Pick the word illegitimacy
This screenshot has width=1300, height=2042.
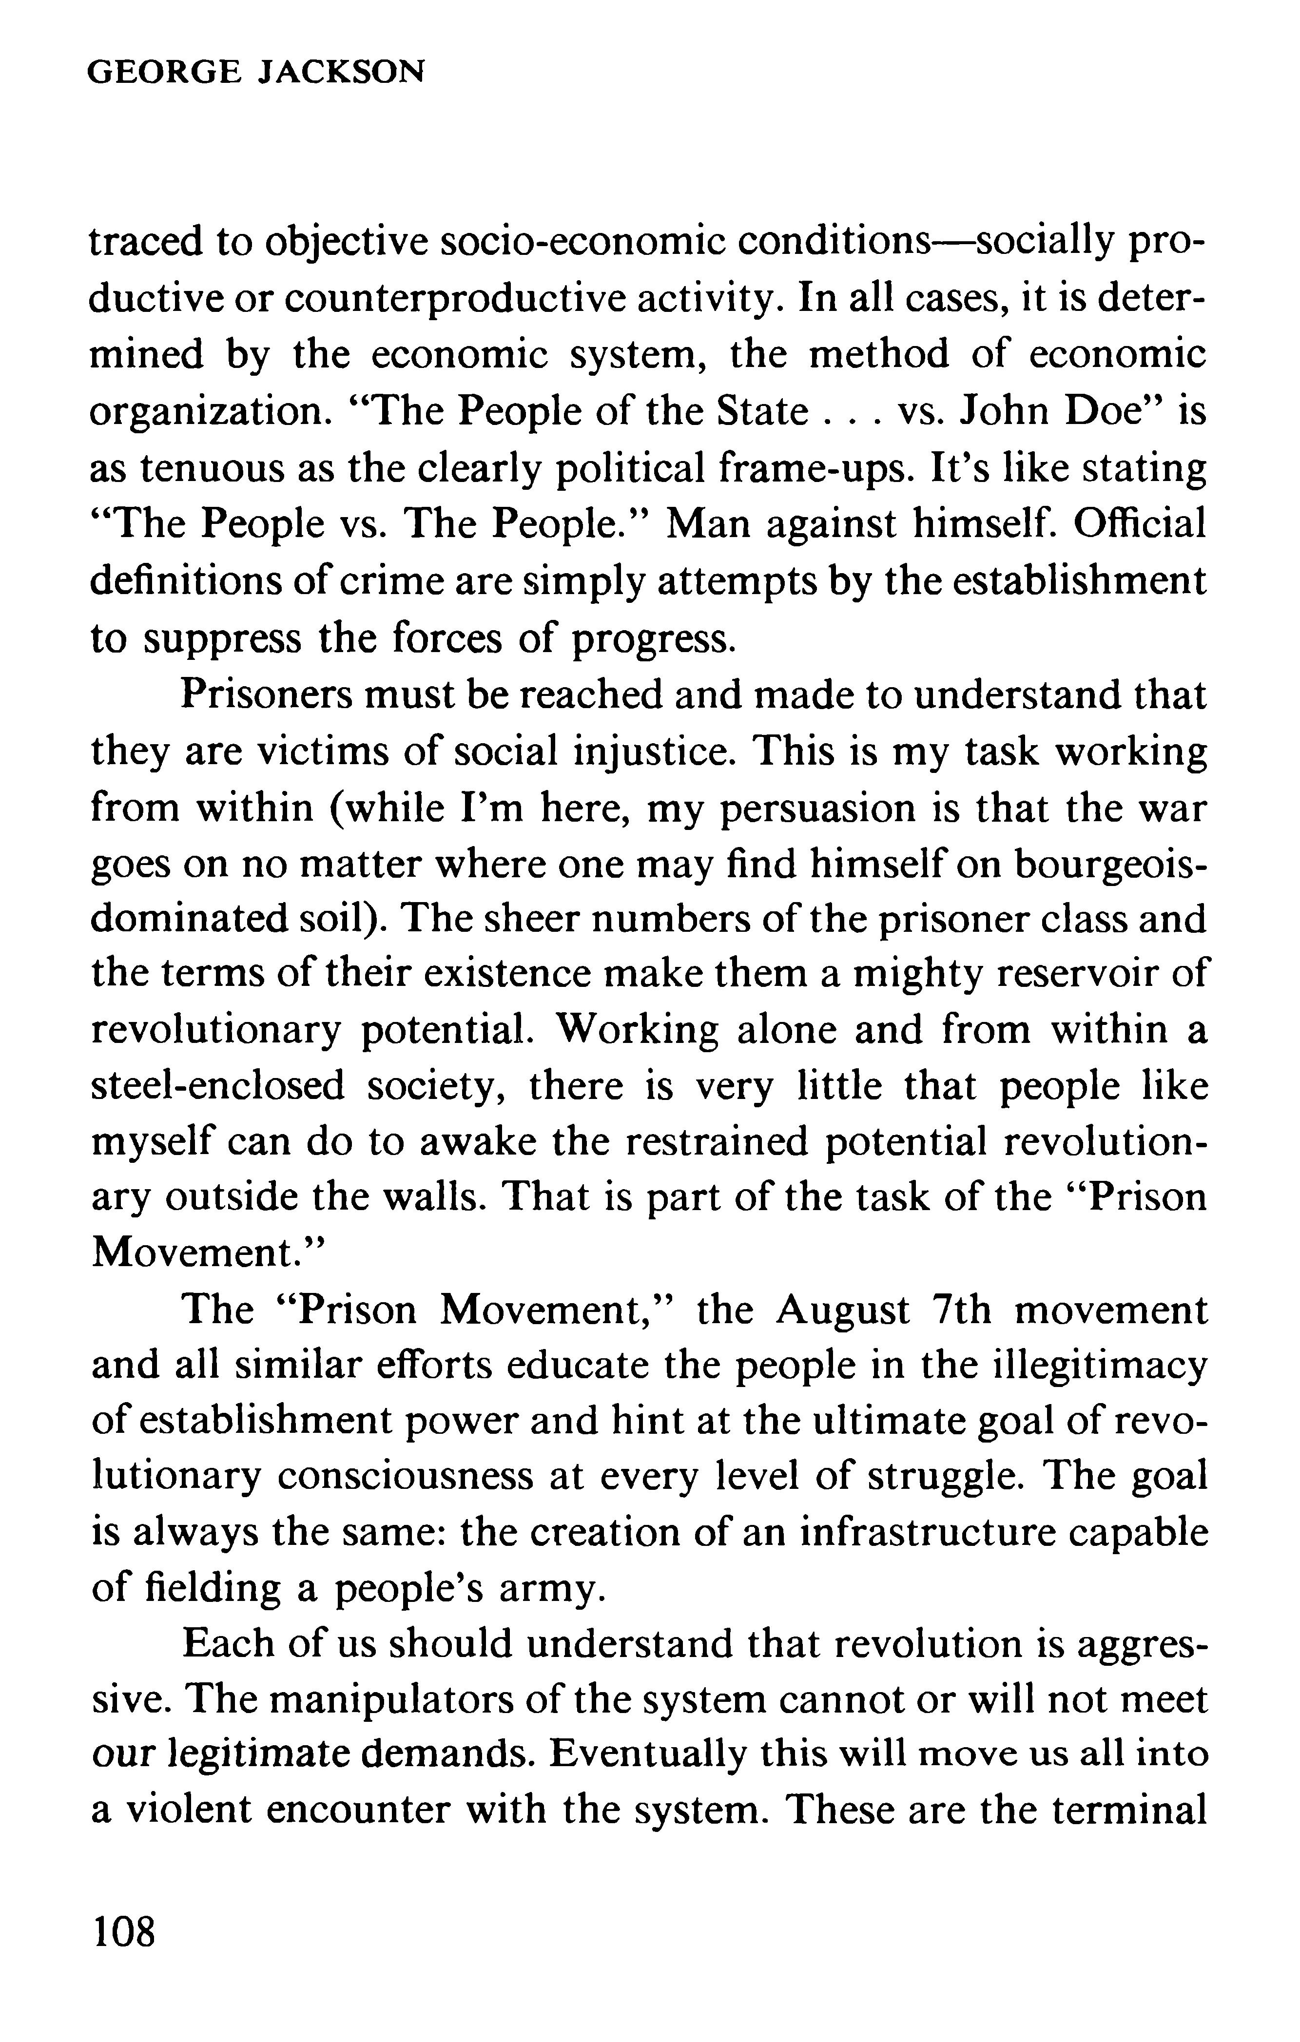(x=1101, y=1366)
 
